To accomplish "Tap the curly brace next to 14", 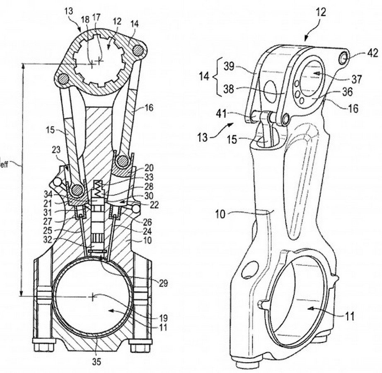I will [x=216, y=77].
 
